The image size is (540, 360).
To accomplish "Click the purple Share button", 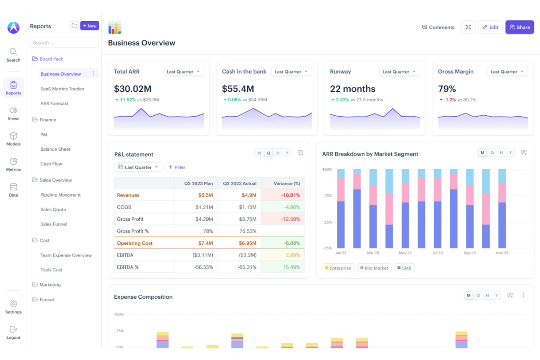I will click(x=519, y=27).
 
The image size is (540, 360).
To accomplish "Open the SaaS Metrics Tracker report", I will click(x=62, y=89).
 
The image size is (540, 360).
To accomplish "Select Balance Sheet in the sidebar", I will click(x=55, y=149).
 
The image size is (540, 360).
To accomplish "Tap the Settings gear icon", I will click(x=13, y=304).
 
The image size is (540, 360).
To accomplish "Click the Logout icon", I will click(x=13, y=329).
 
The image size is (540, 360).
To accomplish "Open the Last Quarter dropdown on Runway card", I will click(x=399, y=72).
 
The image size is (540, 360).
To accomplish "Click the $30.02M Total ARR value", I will click(x=132, y=89).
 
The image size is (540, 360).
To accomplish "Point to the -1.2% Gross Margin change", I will click(x=449, y=100).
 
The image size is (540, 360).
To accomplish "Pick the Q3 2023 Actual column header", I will click(x=239, y=184).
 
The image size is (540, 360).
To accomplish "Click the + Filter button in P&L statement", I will click(x=177, y=167).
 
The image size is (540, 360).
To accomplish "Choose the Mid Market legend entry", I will click(x=374, y=268).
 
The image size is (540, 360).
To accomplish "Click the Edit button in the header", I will click(x=490, y=27).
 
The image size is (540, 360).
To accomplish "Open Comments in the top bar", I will click(x=438, y=27).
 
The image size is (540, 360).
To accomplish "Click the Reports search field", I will click(x=64, y=43).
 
